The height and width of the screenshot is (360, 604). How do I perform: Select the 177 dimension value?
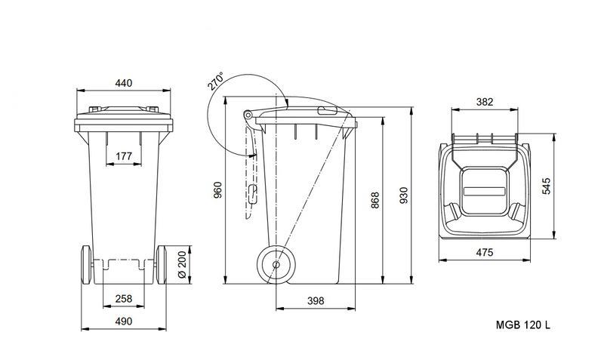tap(125, 155)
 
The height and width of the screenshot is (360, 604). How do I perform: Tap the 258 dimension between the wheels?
tap(125, 299)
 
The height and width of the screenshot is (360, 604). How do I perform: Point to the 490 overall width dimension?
tap(125, 322)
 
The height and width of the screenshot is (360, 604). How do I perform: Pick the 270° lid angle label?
tap(217, 82)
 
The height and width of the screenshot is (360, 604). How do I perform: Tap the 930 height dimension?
tap(403, 195)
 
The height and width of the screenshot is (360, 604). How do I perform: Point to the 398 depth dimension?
tap(316, 300)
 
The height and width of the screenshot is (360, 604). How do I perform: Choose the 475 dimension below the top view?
tap(484, 253)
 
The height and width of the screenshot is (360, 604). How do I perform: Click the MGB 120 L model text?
tap(523, 324)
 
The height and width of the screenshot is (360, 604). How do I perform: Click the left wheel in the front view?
tap(85, 265)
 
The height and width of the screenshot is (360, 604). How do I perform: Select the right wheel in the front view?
tap(164, 265)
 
